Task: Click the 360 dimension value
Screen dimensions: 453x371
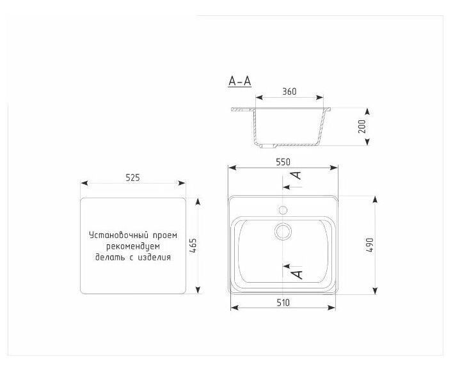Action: [289, 91]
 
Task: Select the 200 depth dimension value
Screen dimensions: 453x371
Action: [362, 126]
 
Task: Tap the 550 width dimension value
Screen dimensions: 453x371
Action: [283, 162]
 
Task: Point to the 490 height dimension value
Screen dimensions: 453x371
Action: [370, 246]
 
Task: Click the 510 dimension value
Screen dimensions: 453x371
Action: [283, 303]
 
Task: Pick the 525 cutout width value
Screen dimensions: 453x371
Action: [132, 178]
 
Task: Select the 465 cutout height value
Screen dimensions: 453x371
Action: [193, 246]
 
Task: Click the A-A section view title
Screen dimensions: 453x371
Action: [239, 81]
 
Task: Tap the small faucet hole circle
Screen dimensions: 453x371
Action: [283, 210]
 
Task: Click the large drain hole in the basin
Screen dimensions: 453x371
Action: [283, 232]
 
